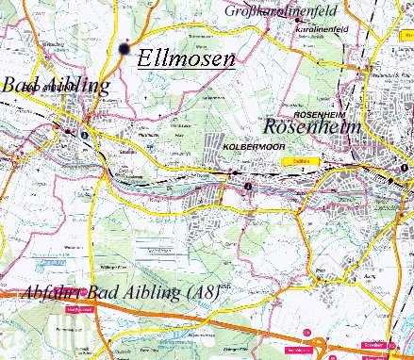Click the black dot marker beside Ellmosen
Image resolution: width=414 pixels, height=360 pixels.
[124, 48]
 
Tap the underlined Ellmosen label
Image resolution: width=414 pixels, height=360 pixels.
[185, 57]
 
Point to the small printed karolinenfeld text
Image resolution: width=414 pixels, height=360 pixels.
[316, 30]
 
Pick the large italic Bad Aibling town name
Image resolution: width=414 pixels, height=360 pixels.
[55, 88]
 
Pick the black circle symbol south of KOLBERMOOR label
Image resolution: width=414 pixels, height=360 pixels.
[247, 188]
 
